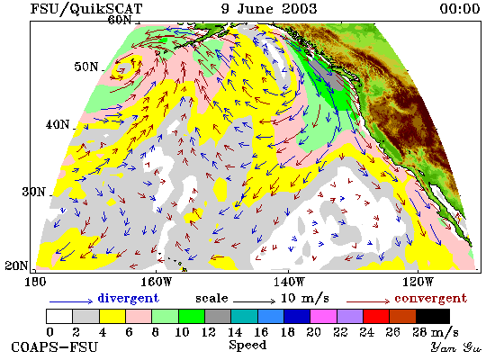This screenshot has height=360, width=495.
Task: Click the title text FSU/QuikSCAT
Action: click(x=86, y=9)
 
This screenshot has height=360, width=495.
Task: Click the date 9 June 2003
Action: click(x=269, y=8)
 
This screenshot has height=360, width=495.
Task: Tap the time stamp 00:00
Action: click(x=460, y=8)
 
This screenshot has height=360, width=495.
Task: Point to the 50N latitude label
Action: click(x=86, y=67)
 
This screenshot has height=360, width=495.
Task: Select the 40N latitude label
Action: click(x=58, y=125)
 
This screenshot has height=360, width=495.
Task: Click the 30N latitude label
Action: click(x=33, y=192)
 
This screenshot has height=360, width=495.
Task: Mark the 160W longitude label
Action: click(x=156, y=282)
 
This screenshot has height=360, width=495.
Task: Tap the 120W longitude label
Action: click(x=418, y=282)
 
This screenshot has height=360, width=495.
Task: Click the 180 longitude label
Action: click(x=35, y=282)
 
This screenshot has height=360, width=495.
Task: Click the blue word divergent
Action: click(x=128, y=299)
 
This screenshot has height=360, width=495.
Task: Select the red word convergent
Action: click(x=430, y=299)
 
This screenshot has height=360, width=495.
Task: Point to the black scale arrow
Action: click(x=255, y=301)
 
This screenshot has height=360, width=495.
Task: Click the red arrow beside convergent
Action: click(x=368, y=301)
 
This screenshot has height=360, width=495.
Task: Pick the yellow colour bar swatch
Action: click(x=112, y=317)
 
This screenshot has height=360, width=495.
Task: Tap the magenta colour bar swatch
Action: click(x=323, y=317)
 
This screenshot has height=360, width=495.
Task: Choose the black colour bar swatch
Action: click(x=433, y=317)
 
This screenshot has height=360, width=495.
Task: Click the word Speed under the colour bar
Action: click(x=247, y=346)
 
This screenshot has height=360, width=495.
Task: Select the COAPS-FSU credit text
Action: click(x=55, y=347)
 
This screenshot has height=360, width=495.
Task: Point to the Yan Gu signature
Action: click(x=456, y=347)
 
